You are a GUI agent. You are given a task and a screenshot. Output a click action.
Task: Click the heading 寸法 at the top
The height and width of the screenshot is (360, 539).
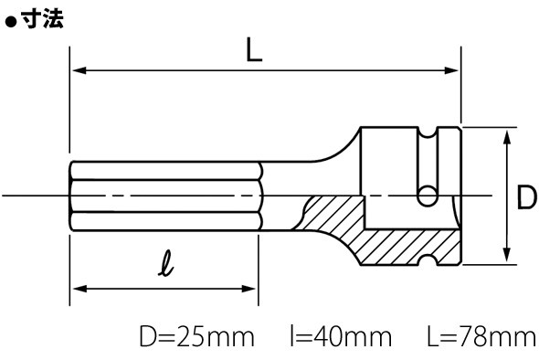42,18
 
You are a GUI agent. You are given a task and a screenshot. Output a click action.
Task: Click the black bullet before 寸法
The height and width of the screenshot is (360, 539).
11,22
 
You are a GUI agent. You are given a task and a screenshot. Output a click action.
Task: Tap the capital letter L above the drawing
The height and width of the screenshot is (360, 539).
254,50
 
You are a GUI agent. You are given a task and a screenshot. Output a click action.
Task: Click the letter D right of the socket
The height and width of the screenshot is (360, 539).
527,197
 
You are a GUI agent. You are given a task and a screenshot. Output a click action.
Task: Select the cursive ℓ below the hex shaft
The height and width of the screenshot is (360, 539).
166,263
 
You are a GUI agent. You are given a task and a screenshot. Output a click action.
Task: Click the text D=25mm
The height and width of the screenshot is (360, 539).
197,336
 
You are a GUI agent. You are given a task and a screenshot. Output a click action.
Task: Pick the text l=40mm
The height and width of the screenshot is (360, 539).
341,336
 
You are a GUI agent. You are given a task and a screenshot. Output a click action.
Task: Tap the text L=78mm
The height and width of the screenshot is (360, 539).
481,336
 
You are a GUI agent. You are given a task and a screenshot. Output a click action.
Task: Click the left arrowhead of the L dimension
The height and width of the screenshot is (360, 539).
79,70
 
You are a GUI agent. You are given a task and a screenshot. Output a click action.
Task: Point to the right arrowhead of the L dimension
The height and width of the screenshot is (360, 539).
451,70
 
